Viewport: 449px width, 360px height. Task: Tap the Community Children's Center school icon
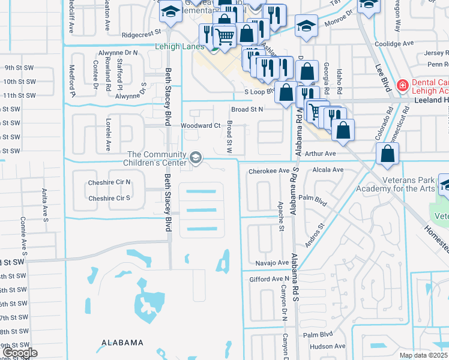(x=195, y=157)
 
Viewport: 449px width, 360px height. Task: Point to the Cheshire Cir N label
(x=109, y=182)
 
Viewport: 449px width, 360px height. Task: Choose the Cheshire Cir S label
(x=109, y=198)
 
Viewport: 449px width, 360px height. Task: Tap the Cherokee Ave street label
(x=268, y=170)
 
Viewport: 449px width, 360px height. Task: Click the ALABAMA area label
(x=122, y=343)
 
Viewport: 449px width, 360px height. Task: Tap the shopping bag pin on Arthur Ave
(x=388, y=154)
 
